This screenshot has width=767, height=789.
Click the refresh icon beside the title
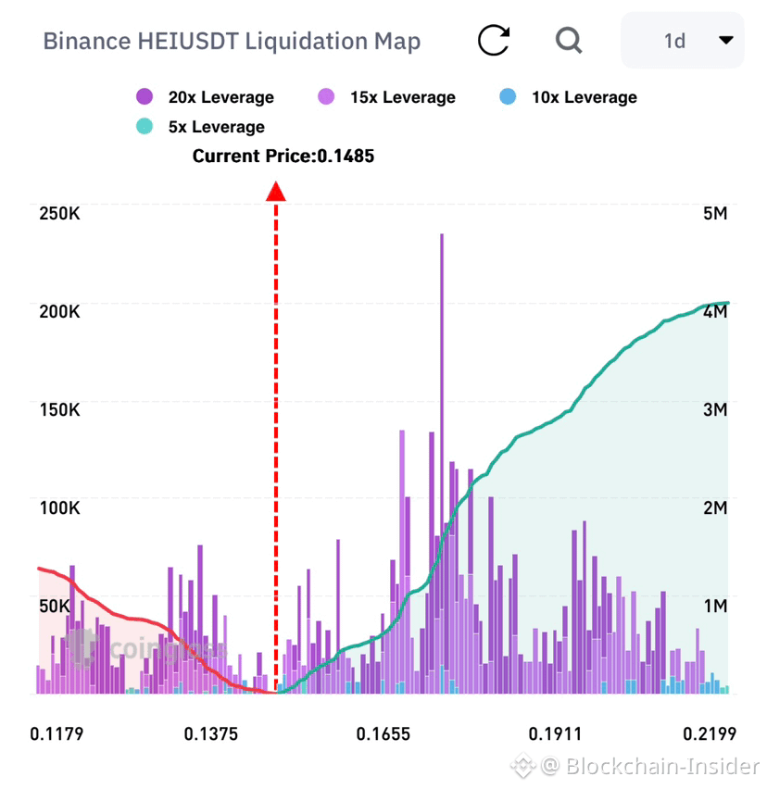coord(493,40)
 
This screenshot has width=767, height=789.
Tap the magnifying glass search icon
coord(569,40)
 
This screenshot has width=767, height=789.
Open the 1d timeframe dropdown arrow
coord(725,40)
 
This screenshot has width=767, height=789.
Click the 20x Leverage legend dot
coord(145,96)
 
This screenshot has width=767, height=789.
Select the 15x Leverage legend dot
coord(326,96)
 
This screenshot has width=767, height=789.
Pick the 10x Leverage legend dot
coord(508,96)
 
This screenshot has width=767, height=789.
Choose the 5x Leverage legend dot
coord(145,126)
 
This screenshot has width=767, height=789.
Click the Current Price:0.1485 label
coord(283,156)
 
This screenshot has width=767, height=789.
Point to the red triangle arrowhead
coord(276,191)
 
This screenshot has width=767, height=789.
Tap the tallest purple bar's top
coord(442,235)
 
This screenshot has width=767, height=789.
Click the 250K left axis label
coord(59,214)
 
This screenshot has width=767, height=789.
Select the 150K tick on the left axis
coord(59,410)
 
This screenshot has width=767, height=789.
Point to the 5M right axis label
coord(715,214)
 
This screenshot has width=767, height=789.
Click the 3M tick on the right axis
coord(715,410)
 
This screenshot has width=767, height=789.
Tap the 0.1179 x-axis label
coord(57,734)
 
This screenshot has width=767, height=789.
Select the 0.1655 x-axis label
coord(383,734)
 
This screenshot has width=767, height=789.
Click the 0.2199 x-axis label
coord(710,734)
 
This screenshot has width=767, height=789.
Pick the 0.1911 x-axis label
coord(555,734)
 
